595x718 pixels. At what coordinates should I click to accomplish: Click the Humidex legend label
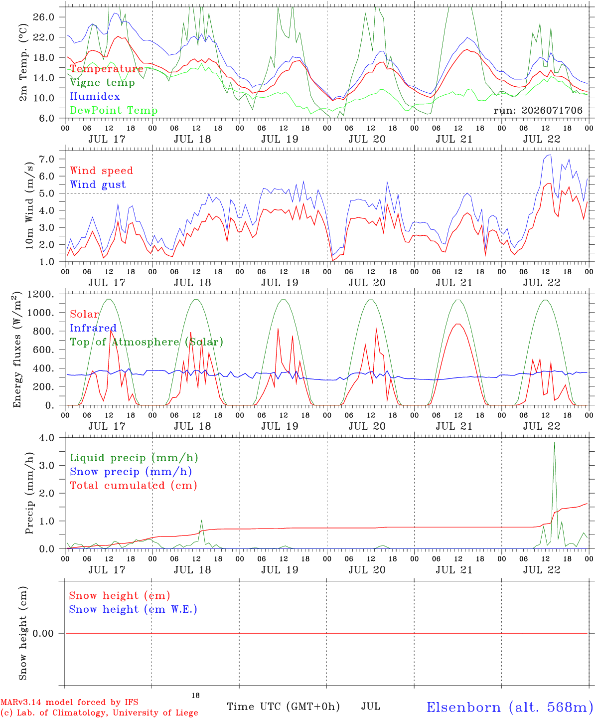point(95,96)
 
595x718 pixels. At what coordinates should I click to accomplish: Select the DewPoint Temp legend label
point(114,110)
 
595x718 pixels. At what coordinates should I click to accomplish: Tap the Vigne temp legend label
point(102,83)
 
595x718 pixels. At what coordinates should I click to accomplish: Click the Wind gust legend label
point(98,184)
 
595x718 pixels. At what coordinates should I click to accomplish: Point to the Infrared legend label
point(93,328)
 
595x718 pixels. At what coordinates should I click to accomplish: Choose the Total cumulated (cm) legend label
point(134,486)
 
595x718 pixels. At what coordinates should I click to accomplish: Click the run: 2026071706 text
point(538,110)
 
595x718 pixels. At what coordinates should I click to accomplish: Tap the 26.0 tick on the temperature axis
point(44,17)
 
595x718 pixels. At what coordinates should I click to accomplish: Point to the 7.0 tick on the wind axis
point(47,159)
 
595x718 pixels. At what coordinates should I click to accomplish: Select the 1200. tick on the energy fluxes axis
point(41,294)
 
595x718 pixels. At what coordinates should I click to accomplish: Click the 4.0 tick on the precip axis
point(47,438)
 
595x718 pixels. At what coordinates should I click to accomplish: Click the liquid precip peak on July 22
point(554,443)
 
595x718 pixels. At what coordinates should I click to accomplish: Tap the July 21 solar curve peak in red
point(458,324)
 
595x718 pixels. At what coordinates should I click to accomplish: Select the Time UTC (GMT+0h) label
point(283,707)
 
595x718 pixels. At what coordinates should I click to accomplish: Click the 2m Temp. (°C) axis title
point(23,63)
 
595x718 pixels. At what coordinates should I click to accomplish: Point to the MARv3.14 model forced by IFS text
point(69,702)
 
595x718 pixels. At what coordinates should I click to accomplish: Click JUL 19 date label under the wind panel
point(280,283)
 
